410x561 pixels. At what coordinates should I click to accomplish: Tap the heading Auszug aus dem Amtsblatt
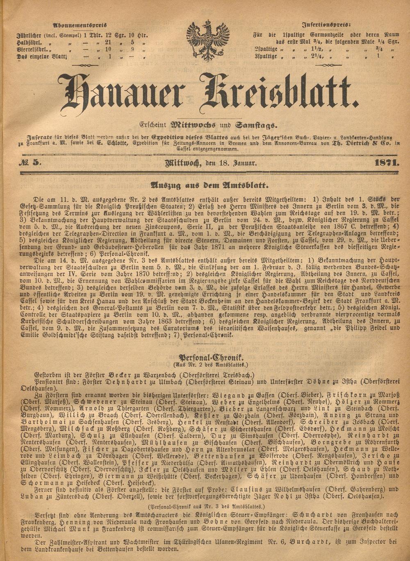click(x=209, y=185)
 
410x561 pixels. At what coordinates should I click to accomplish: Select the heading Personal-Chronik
click(x=210, y=357)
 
